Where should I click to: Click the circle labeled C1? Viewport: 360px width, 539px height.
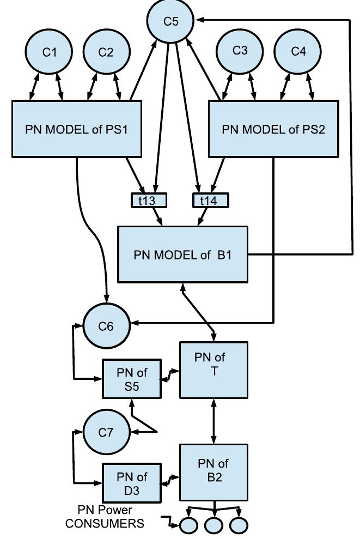coord(50,52)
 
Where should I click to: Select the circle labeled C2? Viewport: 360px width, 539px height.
coord(106,52)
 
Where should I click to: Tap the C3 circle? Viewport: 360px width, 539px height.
coord(240,51)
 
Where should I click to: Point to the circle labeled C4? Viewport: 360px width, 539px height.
coord(298,52)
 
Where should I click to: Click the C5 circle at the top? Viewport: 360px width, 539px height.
coord(171,21)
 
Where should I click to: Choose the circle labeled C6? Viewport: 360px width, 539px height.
coord(106,326)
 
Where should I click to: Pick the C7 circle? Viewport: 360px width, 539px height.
coord(106,432)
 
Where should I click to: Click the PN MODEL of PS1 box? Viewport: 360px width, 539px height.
coord(77,130)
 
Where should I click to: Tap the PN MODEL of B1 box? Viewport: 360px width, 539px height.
coord(183,255)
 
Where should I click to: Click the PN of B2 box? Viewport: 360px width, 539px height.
coord(213,473)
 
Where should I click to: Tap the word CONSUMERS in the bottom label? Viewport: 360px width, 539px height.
coord(105,524)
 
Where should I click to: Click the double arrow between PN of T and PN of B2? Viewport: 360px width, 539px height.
coord(213,421)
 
